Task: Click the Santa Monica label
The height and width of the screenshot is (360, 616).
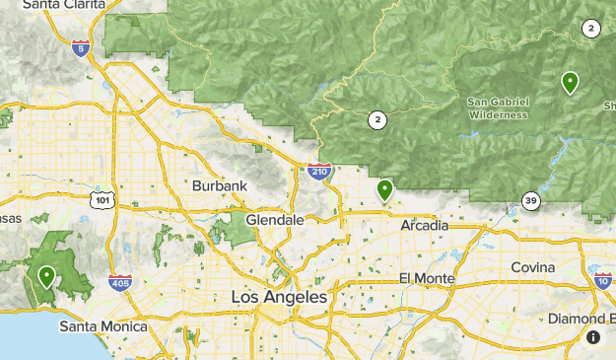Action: click(x=103, y=325)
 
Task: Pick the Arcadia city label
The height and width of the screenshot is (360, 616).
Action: click(x=425, y=226)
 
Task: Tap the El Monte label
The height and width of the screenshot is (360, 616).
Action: click(x=427, y=278)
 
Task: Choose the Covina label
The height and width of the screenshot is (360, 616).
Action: click(x=532, y=267)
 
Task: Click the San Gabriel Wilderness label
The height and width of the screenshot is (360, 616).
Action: click(x=498, y=108)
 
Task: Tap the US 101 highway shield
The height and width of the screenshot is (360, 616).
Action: click(x=103, y=200)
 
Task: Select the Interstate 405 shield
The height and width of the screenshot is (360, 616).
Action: click(x=119, y=282)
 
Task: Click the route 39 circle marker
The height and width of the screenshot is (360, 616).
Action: click(x=531, y=201)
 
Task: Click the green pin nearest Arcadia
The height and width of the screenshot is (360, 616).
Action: click(x=384, y=189)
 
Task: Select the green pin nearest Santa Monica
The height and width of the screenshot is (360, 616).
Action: click(x=46, y=277)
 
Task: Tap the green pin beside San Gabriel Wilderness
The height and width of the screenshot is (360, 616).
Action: click(x=570, y=82)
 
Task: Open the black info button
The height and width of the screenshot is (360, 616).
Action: click(x=593, y=337)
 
